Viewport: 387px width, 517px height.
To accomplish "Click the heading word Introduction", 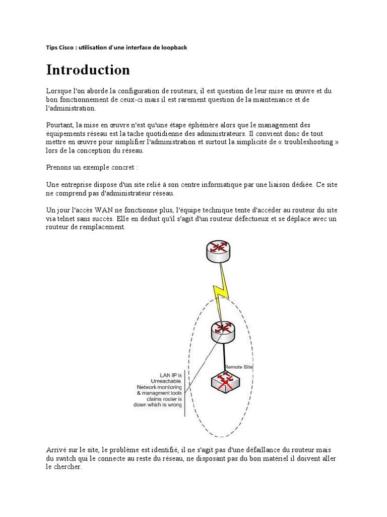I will (88, 70).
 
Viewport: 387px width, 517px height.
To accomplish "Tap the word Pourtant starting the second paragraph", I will (59, 125).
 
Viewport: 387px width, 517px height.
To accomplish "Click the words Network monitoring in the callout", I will (160, 387).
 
